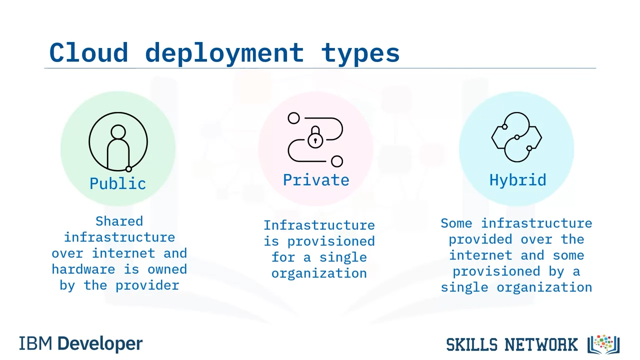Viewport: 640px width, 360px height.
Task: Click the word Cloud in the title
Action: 88,52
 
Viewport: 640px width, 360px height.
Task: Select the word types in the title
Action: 360,55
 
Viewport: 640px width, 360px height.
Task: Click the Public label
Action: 117,183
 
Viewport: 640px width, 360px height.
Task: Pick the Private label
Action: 316,179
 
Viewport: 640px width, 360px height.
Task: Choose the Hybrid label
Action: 517,180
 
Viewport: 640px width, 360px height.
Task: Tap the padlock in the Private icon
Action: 315,137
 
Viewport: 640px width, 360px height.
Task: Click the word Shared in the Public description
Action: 119,221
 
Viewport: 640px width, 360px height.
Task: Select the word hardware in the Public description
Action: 83,269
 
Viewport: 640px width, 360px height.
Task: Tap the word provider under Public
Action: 147,285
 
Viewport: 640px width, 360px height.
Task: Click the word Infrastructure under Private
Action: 319,225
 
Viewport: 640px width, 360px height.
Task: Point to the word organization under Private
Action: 319,273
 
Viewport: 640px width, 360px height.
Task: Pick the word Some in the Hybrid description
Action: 456,223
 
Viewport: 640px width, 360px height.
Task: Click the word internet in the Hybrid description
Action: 480,255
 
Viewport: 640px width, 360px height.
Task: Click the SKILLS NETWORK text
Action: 511,344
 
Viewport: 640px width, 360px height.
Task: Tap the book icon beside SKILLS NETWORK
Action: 603,344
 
